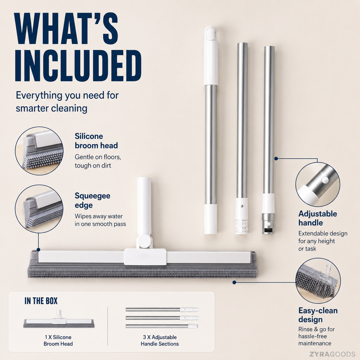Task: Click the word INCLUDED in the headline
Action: (78, 65)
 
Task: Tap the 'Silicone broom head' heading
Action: (96, 141)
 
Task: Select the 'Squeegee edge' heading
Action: (92, 200)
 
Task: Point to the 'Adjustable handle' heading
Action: (318, 218)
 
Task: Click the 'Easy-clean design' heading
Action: (318, 315)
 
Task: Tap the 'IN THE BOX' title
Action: (41, 301)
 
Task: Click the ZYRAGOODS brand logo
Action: (332, 354)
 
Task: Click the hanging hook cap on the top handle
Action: (210, 34)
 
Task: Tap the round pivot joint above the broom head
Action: (145, 241)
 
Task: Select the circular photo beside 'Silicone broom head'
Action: (39, 151)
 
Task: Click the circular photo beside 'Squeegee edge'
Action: (39, 209)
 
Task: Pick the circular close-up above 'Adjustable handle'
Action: (318, 184)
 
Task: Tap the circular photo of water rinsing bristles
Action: (318, 280)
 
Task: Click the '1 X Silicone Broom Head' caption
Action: (58, 340)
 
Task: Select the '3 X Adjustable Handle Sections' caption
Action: (160, 340)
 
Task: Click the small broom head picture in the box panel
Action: (59, 320)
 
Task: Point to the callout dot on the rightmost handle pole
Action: (276, 158)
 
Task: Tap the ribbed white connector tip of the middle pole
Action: (241, 227)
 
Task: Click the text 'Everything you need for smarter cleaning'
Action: (67, 102)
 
